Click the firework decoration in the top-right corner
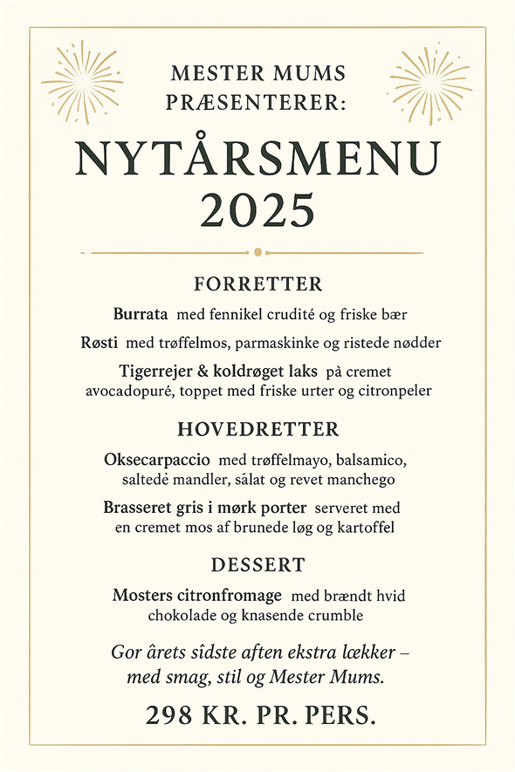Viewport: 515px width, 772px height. tap(430, 83)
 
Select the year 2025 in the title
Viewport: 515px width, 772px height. tap(257, 209)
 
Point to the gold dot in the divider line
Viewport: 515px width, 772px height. tap(257, 252)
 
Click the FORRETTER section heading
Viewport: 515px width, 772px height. tap(258, 284)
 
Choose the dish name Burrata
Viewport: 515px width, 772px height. tap(142, 313)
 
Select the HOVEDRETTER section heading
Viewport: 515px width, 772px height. tap(258, 430)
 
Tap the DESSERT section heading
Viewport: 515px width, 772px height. tap(257, 565)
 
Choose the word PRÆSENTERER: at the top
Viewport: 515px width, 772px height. tap(257, 101)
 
